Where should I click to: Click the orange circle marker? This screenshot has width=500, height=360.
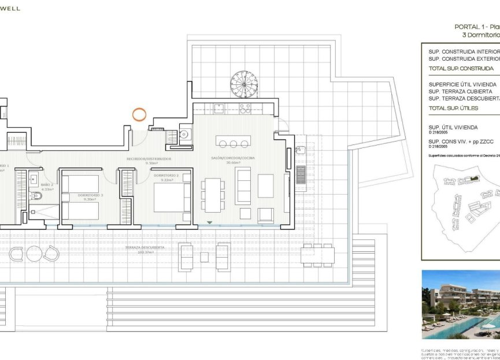(x=139, y=114)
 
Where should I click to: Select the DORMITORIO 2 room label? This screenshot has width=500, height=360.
(x=166, y=175)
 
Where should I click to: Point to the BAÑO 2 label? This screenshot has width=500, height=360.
(x=36, y=185)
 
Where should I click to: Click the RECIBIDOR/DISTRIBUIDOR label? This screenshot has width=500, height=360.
(x=149, y=158)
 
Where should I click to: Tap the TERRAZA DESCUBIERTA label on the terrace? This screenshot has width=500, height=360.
(x=145, y=247)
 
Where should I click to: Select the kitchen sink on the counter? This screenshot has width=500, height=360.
(x=219, y=107)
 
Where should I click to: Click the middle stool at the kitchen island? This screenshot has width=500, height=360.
(x=234, y=143)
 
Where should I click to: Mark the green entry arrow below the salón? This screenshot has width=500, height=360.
(x=210, y=222)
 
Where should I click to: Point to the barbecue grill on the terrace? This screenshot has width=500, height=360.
(x=301, y=174)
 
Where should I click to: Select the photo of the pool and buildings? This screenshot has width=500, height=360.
(x=460, y=305)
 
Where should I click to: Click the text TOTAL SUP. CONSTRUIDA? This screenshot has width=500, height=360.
(x=461, y=68)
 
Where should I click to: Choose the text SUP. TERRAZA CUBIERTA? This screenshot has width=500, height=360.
(x=461, y=91)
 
